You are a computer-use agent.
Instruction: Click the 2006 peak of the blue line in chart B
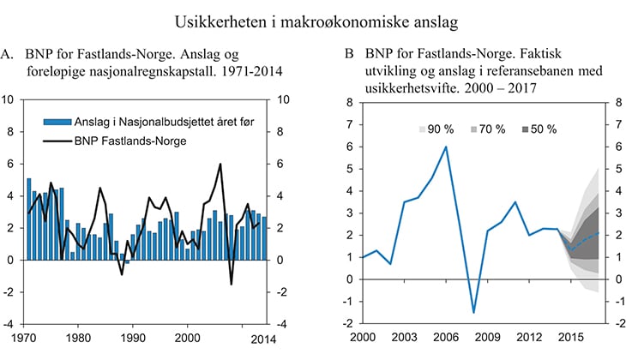click(x=445, y=147)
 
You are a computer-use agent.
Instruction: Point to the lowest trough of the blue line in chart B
click(x=473, y=312)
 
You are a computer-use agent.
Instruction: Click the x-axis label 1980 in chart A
click(x=79, y=337)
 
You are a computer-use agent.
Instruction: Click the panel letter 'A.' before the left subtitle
click(x=8, y=54)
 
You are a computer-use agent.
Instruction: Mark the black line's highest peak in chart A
click(x=220, y=164)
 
